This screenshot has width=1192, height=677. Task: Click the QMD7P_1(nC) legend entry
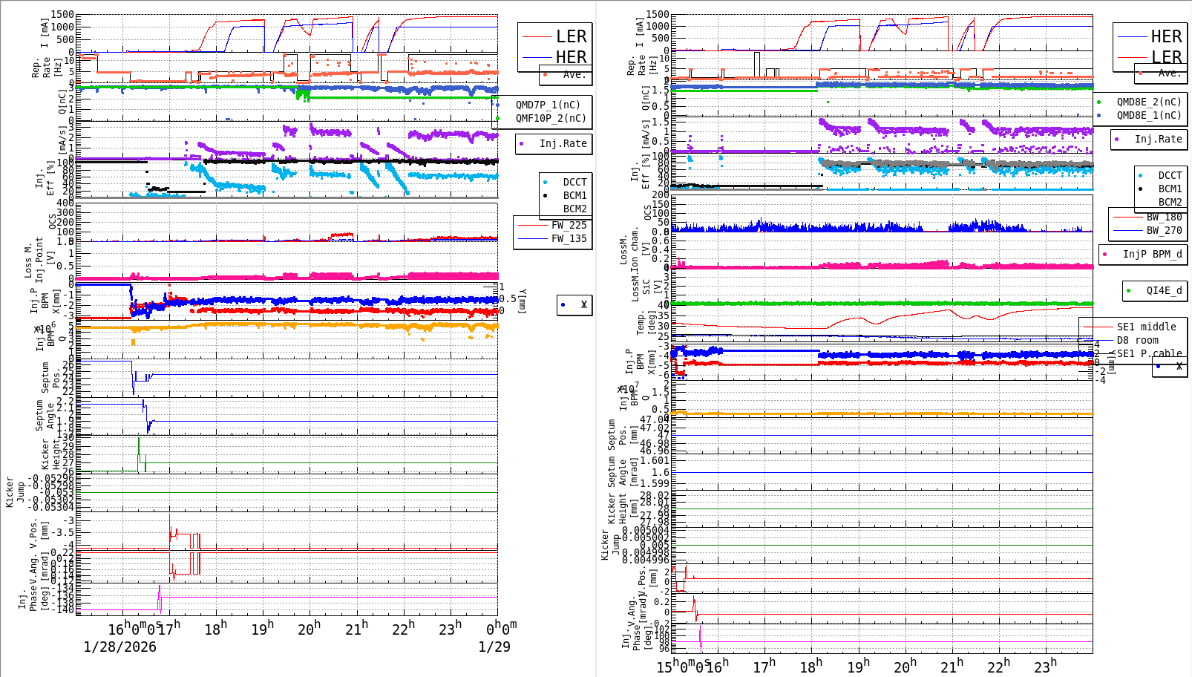point(548,105)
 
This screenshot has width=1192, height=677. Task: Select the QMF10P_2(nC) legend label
point(551,118)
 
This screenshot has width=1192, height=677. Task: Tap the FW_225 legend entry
point(569,226)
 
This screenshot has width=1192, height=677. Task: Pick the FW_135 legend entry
point(569,239)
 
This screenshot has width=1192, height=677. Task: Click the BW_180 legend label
point(1164,218)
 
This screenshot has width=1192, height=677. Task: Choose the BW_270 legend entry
point(1164,231)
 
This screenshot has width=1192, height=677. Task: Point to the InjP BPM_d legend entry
point(1152,255)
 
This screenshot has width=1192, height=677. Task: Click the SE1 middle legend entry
point(1146,327)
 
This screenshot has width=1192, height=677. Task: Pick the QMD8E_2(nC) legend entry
point(1149,102)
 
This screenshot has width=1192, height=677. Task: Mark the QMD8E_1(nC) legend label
point(1149,116)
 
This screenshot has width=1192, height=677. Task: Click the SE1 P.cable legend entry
point(1149,353)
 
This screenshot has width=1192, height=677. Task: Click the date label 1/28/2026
point(120,647)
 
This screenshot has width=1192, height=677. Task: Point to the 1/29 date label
point(494,647)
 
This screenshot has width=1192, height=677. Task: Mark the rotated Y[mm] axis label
point(522,301)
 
